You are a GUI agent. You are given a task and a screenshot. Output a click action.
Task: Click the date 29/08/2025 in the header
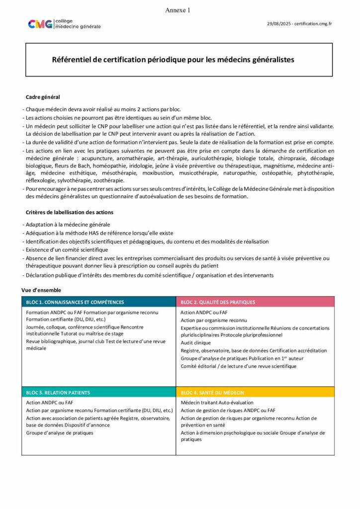[278, 23]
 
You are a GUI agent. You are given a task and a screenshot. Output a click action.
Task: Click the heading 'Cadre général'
[43, 97]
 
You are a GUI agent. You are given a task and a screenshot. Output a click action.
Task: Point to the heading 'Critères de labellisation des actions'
[69, 212]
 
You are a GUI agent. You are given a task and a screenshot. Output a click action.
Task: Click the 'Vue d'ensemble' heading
[41, 290]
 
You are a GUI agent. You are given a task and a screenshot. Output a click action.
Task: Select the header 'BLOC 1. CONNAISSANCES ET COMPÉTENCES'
[75, 302]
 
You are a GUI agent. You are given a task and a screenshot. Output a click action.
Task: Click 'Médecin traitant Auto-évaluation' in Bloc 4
[217, 403]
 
